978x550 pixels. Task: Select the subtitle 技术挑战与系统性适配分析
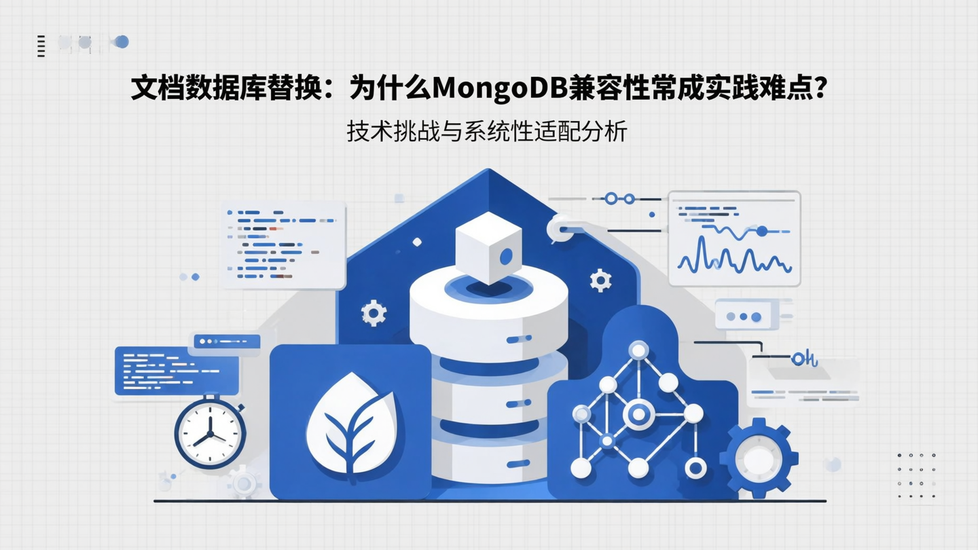[x=486, y=131]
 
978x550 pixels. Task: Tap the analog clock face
[x=210, y=433]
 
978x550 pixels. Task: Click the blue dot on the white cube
[x=506, y=257]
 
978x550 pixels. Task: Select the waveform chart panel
[x=734, y=238]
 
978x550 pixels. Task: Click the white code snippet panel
[x=284, y=245]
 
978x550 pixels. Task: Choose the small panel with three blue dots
[x=744, y=317]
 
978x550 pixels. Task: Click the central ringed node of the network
[x=638, y=412]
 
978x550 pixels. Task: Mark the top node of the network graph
[x=638, y=350]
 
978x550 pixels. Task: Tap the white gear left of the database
[x=374, y=313]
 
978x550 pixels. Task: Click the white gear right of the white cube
[x=600, y=280]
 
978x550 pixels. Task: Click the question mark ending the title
[x=821, y=88]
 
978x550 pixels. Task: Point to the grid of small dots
[x=916, y=475]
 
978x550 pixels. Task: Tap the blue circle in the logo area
[x=122, y=42]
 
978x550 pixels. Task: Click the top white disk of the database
[x=489, y=299]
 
